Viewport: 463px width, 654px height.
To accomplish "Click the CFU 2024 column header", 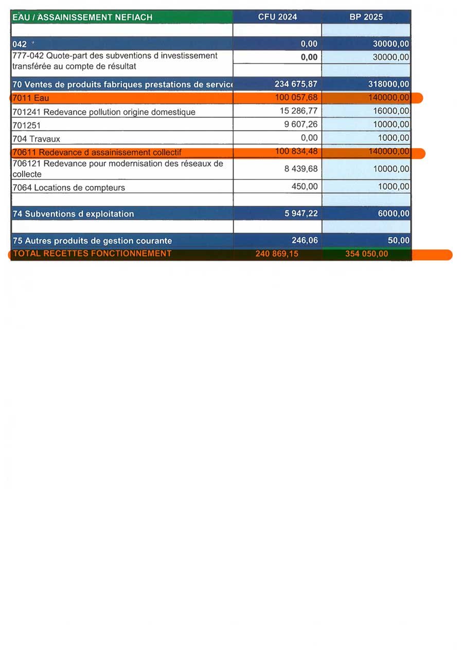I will coord(277,17).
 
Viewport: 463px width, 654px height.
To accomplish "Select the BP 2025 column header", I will coord(366,17).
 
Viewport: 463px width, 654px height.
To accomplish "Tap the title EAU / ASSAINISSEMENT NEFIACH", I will coord(82,17).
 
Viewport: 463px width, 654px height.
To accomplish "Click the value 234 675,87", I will coord(296,84).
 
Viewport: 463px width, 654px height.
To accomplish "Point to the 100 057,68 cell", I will coord(297,98).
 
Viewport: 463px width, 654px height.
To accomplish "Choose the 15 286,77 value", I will coord(299,111).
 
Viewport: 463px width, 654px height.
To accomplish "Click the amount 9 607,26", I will coord(301,124).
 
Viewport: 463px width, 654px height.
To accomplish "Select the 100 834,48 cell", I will coord(297,151).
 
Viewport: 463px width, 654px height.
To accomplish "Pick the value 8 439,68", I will coord(301,168).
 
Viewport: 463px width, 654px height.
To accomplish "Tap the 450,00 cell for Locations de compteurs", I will coord(305,187).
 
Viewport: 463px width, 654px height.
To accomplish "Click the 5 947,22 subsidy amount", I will coord(301,213).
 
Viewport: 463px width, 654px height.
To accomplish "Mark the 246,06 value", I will coord(306,240).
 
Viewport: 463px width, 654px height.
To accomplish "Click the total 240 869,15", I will coord(277,253).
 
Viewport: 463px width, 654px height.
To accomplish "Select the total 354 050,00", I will coord(367,253).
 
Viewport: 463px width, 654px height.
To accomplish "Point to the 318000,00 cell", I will coord(389,84).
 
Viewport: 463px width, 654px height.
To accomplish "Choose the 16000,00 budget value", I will coord(391,111).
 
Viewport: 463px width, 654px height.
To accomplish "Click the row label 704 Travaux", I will coord(36,139).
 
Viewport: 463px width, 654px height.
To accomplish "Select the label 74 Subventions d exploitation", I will coord(73,214).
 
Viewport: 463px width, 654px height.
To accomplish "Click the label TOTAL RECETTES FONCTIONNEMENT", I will coord(92,253).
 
